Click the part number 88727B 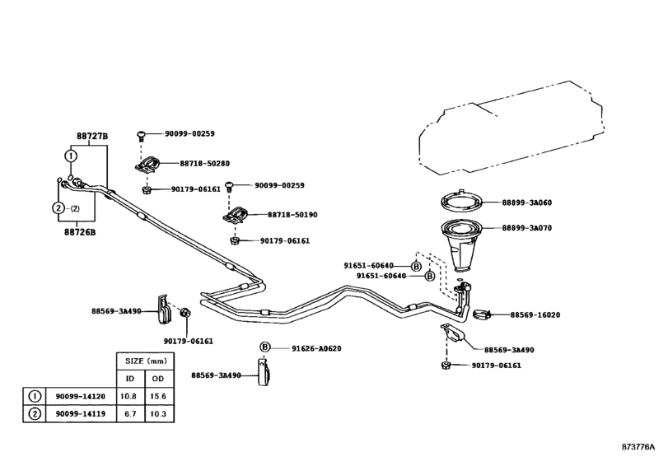pos(92,136)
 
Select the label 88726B pos(80,232)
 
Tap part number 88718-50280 pos(204,164)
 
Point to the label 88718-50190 pos(292,215)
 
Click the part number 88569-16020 pos(535,315)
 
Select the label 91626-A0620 pos(316,348)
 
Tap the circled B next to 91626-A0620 pos(265,347)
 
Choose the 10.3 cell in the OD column pos(159,414)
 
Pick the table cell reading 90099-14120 pos(80,396)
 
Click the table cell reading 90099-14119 pos(80,414)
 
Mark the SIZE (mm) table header pos(145,361)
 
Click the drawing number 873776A pos(638,447)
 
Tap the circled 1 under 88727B pos(71,156)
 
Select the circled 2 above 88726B pos(58,208)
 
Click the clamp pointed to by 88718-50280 pos(147,165)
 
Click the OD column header pos(158,379)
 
